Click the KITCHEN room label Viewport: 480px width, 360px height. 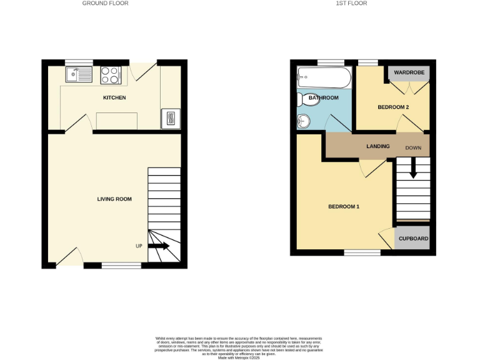(114, 98)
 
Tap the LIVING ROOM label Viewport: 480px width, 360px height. (114, 199)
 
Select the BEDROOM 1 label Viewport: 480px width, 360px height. (344, 207)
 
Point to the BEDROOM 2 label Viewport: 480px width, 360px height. (393, 107)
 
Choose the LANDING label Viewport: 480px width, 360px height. (377, 147)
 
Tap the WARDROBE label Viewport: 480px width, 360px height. (409, 73)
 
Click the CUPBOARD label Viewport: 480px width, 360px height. (413, 239)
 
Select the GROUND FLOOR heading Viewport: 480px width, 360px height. (105, 4)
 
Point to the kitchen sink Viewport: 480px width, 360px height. (79, 75)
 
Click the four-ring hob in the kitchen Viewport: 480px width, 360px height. (111, 75)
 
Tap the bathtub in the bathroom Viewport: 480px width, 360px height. (324, 79)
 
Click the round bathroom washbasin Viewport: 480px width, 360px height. (305, 121)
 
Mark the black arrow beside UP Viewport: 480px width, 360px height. (158, 246)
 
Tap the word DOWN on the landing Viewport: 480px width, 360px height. (414, 148)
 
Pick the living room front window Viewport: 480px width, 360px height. (121, 266)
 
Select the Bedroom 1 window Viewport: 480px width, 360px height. (362, 252)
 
